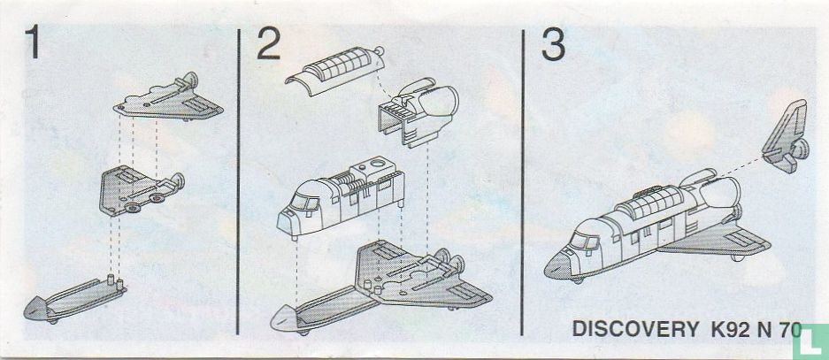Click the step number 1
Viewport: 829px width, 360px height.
[33, 43]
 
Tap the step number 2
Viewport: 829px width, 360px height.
[269, 43]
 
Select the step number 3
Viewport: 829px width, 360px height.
[553, 44]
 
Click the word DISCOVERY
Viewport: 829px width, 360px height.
[635, 329]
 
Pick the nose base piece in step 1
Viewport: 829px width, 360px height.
[74, 300]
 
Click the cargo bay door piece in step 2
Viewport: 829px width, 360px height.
[335, 71]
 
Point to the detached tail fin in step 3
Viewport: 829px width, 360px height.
[786, 136]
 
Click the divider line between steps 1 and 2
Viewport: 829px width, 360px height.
[239, 182]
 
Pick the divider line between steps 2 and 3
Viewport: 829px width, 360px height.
[522, 182]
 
